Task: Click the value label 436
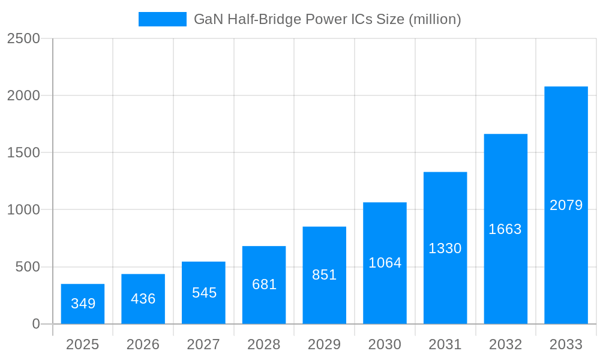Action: click(143, 299)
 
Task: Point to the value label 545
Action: click(204, 293)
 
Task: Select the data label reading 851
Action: click(325, 275)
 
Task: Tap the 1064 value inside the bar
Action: click(385, 263)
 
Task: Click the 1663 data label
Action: click(505, 229)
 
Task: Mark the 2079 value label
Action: click(566, 205)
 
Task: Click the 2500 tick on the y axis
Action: click(23, 38)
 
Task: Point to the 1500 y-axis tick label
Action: click(23, 152)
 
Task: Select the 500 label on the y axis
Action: click(28, 267)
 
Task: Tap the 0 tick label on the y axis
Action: click(36, 324)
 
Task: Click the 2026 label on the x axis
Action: click(143, 344)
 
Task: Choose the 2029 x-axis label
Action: click(325, 344)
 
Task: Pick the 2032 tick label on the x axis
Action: click(505, 344)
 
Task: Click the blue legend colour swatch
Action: click(163, 19)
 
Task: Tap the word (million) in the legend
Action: click(434, 19)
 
